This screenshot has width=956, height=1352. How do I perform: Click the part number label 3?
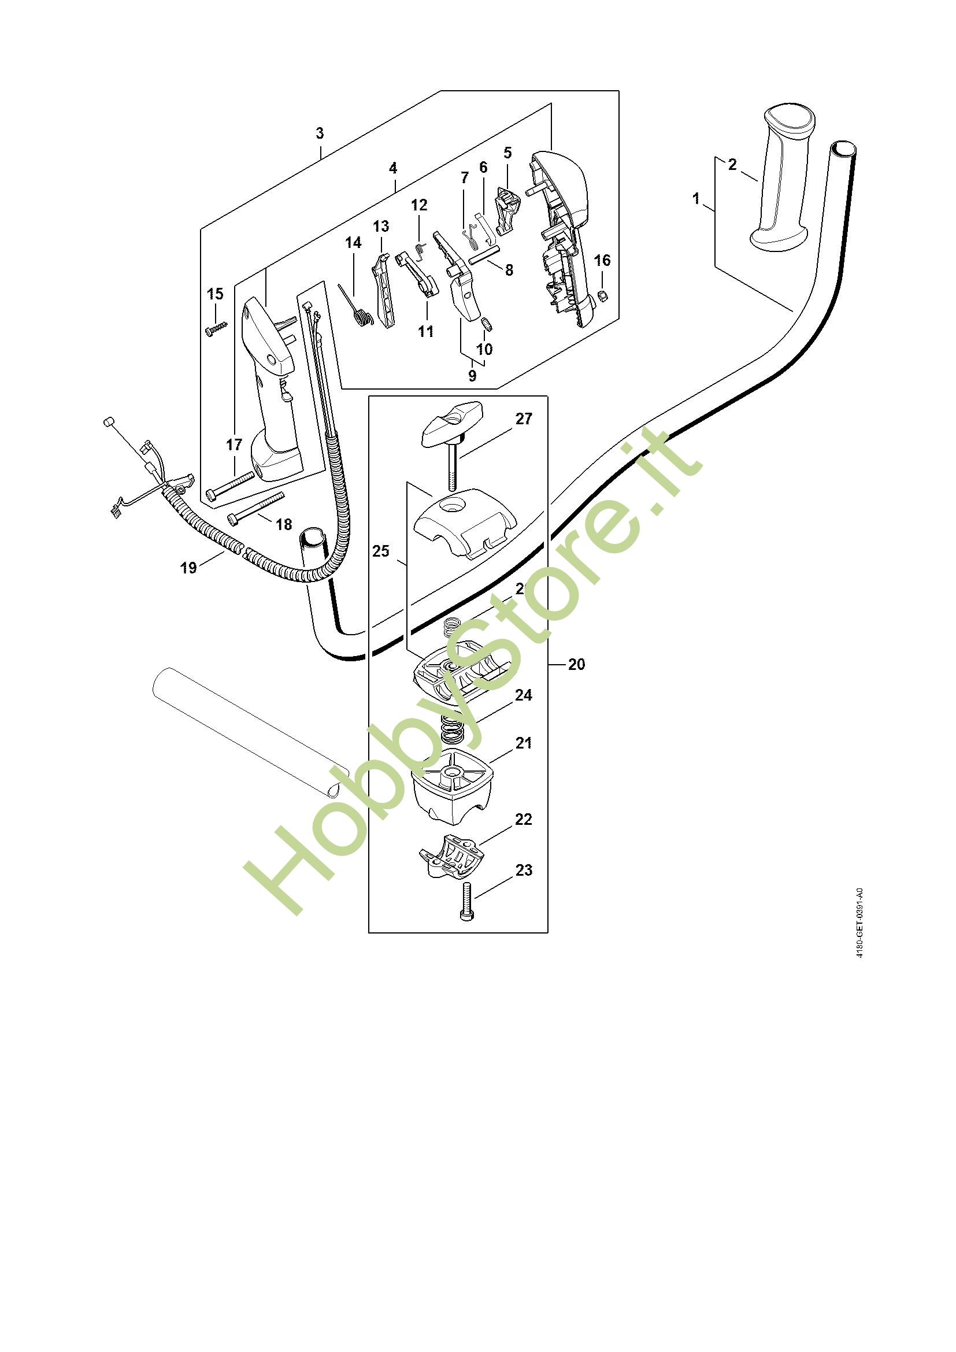[x=320, y=134]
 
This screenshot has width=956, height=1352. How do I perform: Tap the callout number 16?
[x=602, y=260]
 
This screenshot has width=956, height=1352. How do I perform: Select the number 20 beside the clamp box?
[x=576, y=664]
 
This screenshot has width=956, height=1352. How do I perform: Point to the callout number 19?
[x=188, y=568]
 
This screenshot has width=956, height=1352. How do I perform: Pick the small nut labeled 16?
[x=602, y=295]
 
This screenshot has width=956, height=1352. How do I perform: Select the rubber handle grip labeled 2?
[x=781, y=177]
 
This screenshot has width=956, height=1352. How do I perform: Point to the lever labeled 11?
[x=418, y=275]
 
